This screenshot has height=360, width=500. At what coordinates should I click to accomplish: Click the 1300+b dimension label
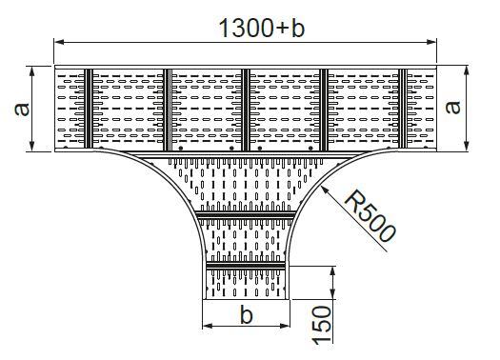click(262, 28)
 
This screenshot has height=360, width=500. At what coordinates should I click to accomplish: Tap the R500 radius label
click(370, 216)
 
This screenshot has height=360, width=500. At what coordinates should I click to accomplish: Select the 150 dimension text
click(322, 325)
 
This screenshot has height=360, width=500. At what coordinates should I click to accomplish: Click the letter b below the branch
click(246, 313)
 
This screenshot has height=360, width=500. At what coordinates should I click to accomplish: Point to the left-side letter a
click(22, 110)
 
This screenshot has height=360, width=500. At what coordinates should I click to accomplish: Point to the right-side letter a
click(452, 107)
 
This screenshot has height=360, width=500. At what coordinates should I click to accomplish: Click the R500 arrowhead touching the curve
click(325, 190)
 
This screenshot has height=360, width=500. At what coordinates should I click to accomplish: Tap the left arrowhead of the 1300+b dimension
click(59, 42)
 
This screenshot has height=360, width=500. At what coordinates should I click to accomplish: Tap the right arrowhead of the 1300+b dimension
click(431, 42)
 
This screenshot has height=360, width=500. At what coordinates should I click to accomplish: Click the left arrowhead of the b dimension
click(208, 326)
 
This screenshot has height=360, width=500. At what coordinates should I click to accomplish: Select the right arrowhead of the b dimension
click(285, 326)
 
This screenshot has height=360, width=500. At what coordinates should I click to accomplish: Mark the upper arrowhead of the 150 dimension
click(332, 271)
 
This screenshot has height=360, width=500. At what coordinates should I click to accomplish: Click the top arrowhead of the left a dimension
click(31, 71)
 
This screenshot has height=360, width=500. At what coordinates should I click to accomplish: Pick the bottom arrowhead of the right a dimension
click(467, 146)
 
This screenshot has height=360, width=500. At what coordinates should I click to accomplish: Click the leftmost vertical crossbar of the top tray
click(89, 109)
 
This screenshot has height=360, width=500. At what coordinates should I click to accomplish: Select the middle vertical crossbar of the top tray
click(245, 110)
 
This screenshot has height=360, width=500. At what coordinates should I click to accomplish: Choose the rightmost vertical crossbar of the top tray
click(403, 109)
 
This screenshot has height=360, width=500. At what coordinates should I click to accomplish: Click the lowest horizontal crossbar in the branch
click(246, 266)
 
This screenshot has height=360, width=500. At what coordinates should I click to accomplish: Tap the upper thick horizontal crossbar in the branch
click(245, 214)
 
